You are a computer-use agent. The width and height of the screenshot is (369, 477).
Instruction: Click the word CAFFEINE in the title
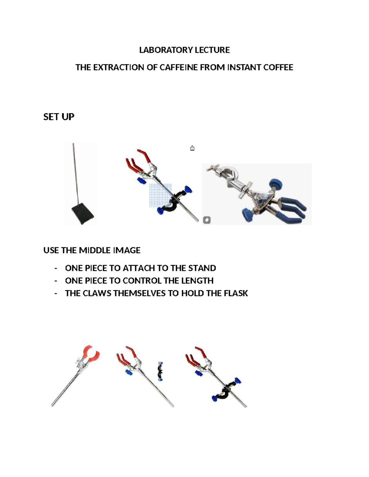[179, 67]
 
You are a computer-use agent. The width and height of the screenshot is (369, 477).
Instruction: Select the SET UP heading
[59, 117]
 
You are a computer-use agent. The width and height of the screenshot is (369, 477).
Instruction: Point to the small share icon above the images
[192, 148]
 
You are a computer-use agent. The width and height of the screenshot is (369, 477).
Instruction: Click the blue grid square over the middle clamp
[160, 195]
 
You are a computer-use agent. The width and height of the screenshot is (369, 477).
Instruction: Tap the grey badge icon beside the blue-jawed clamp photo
[207, 220]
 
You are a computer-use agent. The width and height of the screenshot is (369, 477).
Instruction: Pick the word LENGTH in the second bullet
[197, 281]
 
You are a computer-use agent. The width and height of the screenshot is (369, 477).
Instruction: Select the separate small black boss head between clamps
[160, 371]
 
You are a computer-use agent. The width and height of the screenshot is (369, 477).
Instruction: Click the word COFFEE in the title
[278, 67]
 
